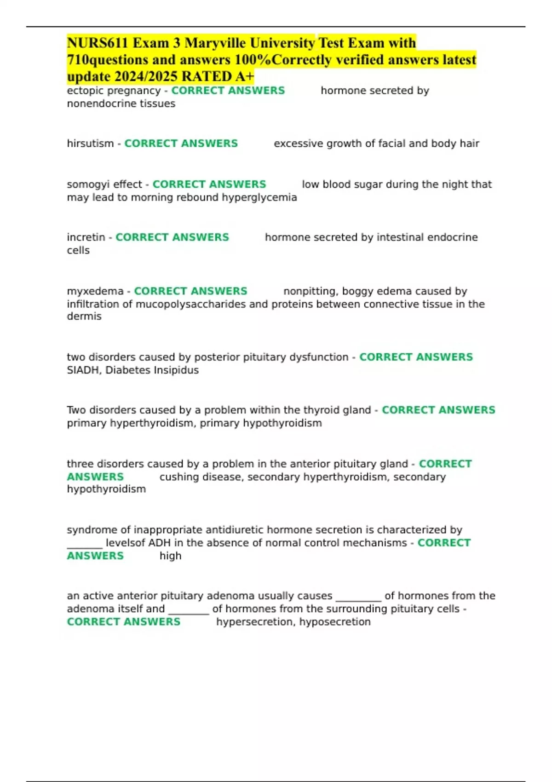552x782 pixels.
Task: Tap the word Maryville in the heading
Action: point(216,43)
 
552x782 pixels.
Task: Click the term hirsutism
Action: point(90,144)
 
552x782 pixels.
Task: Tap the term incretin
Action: point(86,237)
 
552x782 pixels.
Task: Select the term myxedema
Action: point(95,291)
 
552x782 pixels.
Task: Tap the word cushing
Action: point(177,477)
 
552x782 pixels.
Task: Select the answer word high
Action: point(170,556)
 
